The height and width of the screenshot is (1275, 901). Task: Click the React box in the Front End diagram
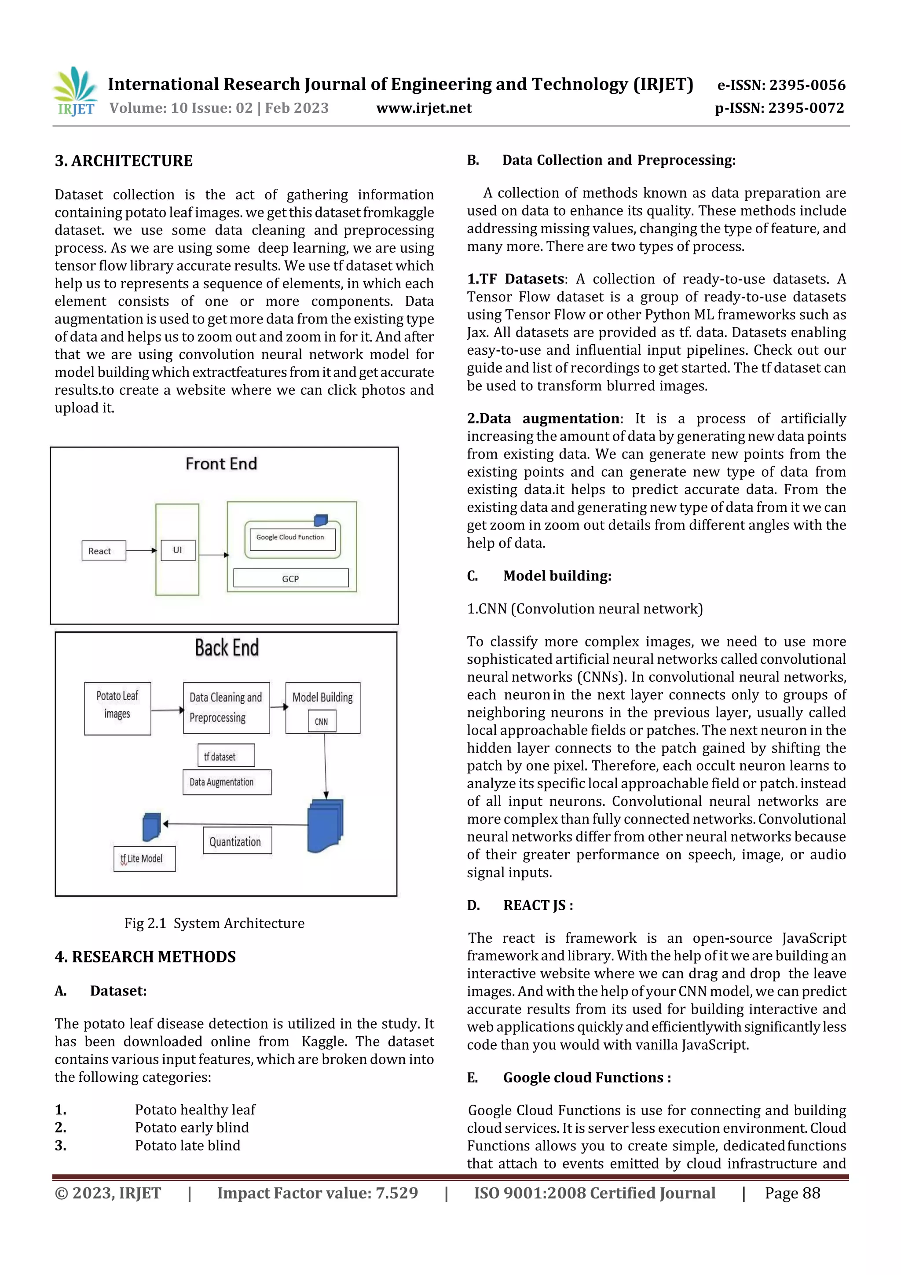[103, 550]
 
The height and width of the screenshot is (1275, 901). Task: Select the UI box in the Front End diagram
[178, 550]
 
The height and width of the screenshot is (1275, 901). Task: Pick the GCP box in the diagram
[291, 578]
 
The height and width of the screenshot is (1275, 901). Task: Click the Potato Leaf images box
[117, 708]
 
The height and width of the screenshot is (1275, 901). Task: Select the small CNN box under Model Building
[322, 721]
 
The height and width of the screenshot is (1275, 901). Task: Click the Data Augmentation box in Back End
[227, 782]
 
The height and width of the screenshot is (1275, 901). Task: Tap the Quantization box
[237, 840]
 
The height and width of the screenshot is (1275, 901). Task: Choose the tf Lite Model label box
[144, 859]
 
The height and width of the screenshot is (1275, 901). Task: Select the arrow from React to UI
[141, 550]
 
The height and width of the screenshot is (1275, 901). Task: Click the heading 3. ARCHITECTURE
[124, 161]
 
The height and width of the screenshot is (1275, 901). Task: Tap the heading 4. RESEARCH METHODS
[146, 956]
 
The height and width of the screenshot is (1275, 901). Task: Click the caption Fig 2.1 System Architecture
[214, 922]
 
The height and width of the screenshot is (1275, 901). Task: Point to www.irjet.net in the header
[424, 108]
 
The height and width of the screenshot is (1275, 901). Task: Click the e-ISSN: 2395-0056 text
[781, 85]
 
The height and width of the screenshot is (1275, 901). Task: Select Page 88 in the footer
[792, 1193]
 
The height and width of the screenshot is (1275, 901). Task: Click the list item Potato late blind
[188, 1145]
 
